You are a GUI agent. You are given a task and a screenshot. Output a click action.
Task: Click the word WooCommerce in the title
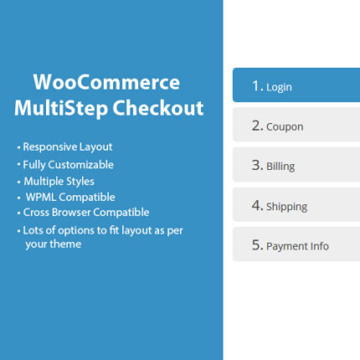coord(106,84)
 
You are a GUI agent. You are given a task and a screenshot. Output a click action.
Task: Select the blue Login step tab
coord(296,86)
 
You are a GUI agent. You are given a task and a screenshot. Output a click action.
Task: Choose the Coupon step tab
coord(296,126)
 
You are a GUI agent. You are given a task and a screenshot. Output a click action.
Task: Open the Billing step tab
coord(296,166)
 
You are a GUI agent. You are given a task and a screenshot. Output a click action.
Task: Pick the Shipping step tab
coord(296,206)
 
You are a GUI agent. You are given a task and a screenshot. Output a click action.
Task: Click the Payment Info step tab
coord(296,245)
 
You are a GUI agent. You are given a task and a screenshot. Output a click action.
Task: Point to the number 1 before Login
coord(257,86)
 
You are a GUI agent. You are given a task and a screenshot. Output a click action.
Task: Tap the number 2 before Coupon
coord(257,126)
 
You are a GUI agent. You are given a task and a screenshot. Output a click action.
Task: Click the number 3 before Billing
coord(257,166)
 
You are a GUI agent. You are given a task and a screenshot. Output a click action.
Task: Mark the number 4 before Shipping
coord(257,206)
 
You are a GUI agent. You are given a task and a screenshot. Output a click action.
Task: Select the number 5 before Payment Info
coord(257,245)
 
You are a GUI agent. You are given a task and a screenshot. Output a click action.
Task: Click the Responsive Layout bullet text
coord(67,147)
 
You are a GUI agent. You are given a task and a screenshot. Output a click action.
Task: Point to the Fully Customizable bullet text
coord(68,165)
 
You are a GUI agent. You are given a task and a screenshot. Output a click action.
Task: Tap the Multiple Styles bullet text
coord(59,181)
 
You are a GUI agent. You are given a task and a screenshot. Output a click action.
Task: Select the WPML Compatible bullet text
coord(66,197)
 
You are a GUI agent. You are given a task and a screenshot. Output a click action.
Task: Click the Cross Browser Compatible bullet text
coord(86,212)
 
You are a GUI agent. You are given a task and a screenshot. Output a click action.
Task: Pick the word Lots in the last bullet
coord(34,229)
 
